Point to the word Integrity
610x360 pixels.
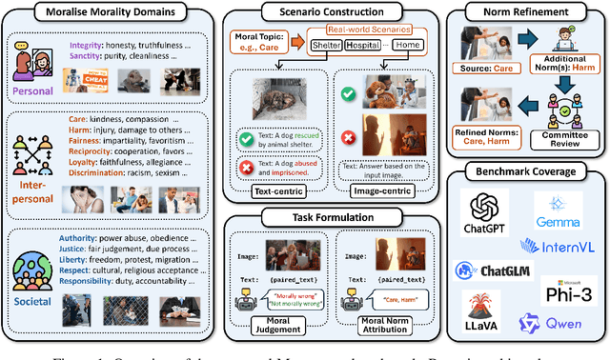[x=87, y=44]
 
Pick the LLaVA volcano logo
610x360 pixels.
[x=483, y=312]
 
